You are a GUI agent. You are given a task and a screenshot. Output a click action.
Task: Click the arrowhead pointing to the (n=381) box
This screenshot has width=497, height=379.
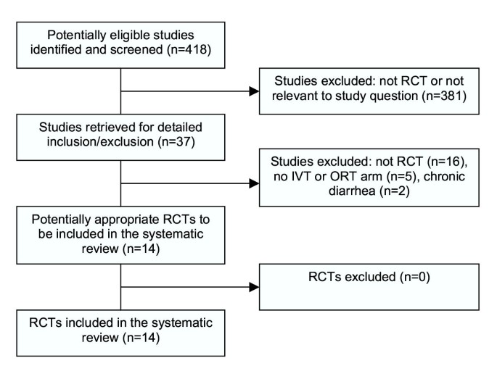click(254, 92)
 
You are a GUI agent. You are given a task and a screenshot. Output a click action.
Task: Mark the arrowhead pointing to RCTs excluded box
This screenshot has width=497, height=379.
click(254, 287)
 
